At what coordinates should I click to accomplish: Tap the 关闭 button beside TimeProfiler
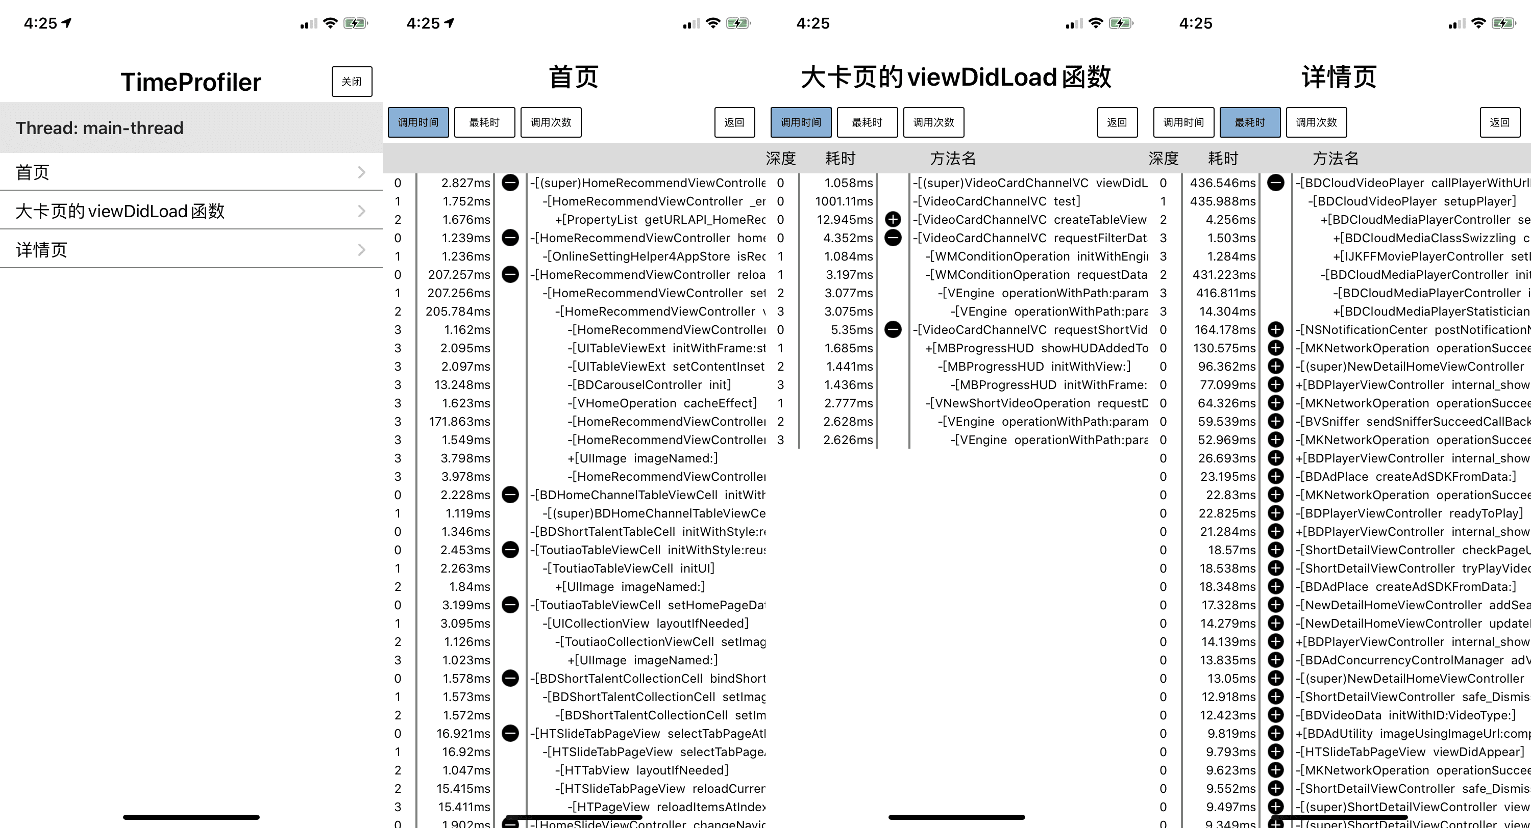(352, 82)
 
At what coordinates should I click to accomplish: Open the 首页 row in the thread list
(191, 172)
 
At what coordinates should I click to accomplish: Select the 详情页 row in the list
(191, 249)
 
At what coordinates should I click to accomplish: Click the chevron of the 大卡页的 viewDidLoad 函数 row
(361, 211)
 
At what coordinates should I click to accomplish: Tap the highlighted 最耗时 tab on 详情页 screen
(1249, 122)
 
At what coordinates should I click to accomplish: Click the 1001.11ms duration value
(844, 201)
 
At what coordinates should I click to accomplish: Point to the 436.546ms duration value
(1223, 183)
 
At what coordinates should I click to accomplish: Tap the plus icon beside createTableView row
(893, 219)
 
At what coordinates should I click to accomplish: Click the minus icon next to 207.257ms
(510, 274)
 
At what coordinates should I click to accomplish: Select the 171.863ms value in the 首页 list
(459, 422)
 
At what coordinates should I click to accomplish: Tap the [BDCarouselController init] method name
(649, 385)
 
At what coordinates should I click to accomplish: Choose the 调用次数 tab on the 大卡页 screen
(933, 122)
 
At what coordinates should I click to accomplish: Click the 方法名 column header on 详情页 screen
(1336, 159)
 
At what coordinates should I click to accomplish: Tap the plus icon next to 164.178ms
(1275, 330)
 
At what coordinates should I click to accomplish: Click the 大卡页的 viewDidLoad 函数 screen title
(956, 77)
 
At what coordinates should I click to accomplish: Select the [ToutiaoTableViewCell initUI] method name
(628, 568)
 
